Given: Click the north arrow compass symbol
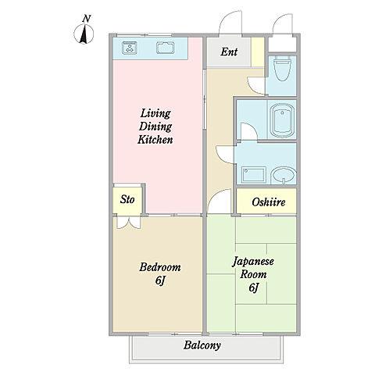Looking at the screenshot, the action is pyautogui.click(x=84, y=34).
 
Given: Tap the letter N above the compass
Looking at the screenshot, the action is pyautogui.click(x=87, y=19).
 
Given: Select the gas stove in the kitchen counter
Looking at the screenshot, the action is pyautogui.click(x=130, y=48).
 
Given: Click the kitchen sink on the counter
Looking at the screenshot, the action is pyautogui.click(x=166, y=48).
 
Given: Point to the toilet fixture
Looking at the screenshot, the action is pyautogui.click(x=282, y=69).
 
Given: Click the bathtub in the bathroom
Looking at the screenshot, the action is pyautogui.click(x=282, y=120).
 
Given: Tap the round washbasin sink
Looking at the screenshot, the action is pyautogui.click(x=284, y=175).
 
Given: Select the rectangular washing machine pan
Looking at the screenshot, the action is pyautogui.click(x=253, y=175).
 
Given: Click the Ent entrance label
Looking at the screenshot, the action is pyautogui.click(x=229, y=52).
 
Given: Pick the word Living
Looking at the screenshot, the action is pyautogui.click(x=155, y=113).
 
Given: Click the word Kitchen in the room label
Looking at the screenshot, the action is pyautogui.click(x=155, y=140).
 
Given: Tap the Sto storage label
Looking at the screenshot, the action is pyautogui.click(x=127, y=200).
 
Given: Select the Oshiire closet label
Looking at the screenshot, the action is pyautogui.click(x=269, y=202).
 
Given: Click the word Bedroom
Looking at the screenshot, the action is pyautogui.click(x=160, y=267).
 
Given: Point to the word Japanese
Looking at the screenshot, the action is pyautogui.click(x=253, y=262).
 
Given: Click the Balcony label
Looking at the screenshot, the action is pyautogui.click(x=202, y=345).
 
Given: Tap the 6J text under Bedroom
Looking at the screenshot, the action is pyautogui.click(x=160, y=280).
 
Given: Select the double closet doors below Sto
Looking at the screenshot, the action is pyautogui.click(x=129, y=223).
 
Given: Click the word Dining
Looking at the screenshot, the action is pyautogui.click(x=155, y=127).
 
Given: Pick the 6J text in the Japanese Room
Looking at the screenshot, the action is pyautogui.click(x=254, y=287).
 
